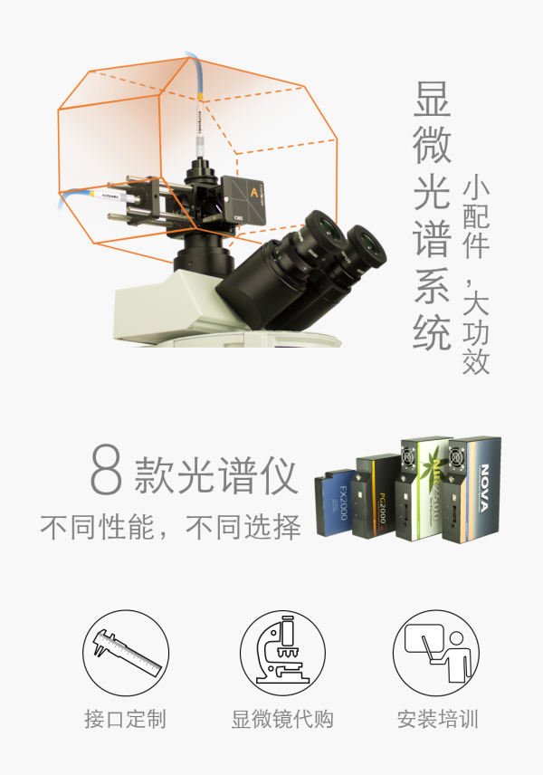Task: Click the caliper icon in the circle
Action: pyautogui.click(x=126, y=651)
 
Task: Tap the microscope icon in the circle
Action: pyautogui.click(x=282, y=651)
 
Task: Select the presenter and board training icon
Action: pyautogui.click(x=436, y=651)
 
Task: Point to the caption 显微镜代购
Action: pyautogui.click(x=282, y=720)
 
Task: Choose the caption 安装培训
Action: pyautogui.click(x=437, y=720)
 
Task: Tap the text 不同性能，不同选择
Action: pyautogui.click(x=170, y=527)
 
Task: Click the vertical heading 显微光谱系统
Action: pyautogui.click(x=432, y=217)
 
